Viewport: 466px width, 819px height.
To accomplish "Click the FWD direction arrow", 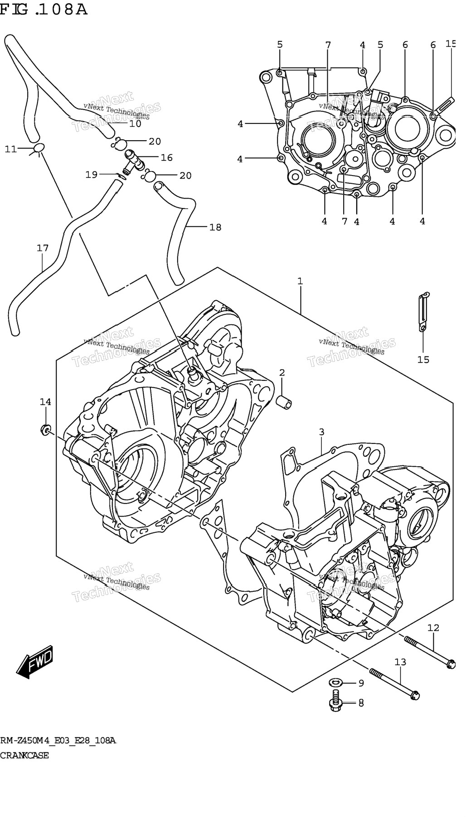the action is coord(35,663).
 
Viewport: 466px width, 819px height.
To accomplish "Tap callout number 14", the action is coord(45,402).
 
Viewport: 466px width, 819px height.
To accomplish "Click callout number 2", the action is coord(282,373).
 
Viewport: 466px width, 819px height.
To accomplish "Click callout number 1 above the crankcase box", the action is coord(300,281).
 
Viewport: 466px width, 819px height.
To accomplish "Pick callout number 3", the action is coord(321,432).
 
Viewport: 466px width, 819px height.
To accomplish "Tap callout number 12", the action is coord(433,628).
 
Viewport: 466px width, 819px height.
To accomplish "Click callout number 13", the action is coord(400,662).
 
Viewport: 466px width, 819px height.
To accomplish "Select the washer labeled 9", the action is coord(336,682).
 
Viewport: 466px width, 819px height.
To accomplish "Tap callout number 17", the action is coord(43,248).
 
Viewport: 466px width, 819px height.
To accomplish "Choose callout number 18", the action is coord(215,227).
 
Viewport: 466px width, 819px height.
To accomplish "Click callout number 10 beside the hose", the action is coord(136,123).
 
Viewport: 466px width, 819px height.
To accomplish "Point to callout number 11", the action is coord(11,149).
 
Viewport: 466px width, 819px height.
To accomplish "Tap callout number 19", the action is coord(92,174).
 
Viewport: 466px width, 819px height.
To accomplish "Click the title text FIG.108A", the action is coord(44,9).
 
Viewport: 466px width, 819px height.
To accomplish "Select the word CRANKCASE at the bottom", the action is coord(24,756).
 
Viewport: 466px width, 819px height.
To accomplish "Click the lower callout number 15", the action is coord(423,359).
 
